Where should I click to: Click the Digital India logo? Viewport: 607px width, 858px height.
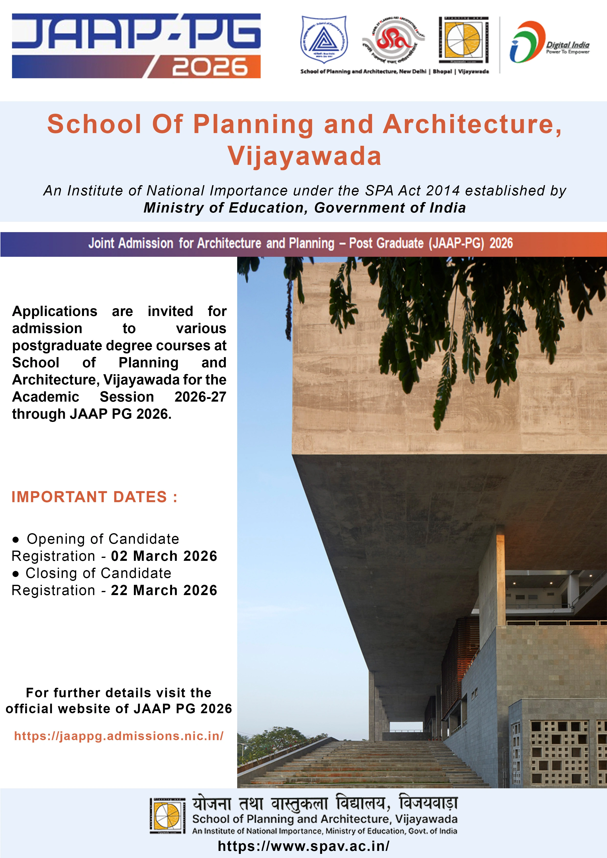[549, 42]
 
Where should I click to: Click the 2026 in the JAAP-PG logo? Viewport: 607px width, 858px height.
[210, 67]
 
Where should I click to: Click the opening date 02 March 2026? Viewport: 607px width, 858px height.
[164, 556]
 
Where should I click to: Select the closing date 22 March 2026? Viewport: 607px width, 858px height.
[164, 590]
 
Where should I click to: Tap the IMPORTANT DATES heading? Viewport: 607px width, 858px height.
[94, 497]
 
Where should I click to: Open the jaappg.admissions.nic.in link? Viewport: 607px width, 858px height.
[119, 736]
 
